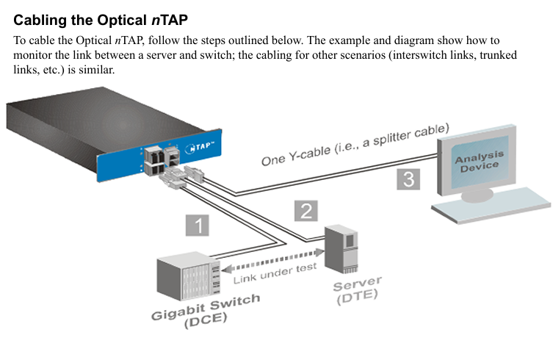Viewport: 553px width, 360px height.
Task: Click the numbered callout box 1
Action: [x=197, y=225]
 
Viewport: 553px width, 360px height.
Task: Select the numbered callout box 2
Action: [x=306, y=210]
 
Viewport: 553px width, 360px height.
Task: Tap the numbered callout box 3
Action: [x=408, y=179]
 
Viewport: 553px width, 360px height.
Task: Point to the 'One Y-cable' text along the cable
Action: [x=294, y=158]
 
